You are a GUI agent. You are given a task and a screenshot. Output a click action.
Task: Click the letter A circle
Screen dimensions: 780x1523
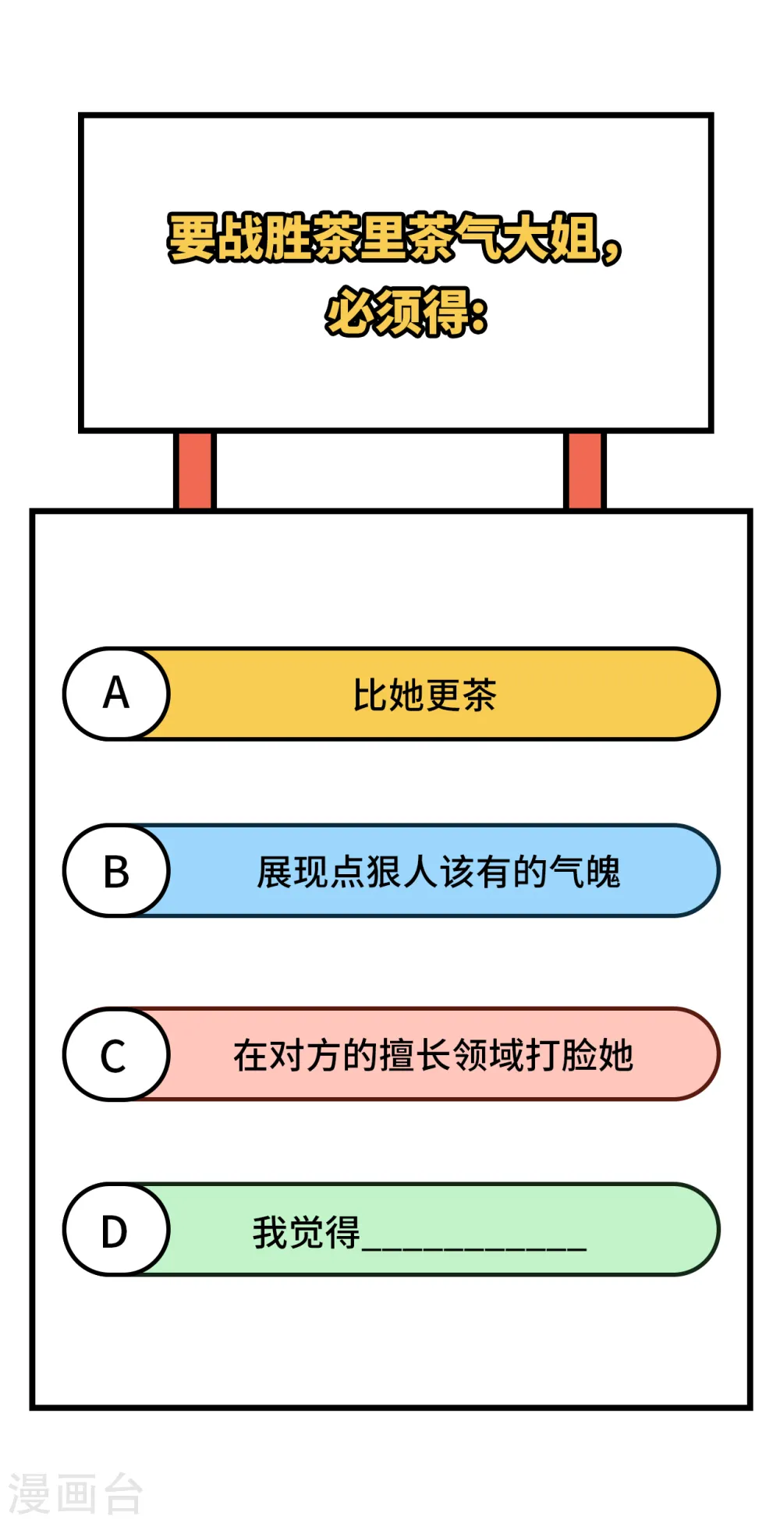pyautogui.click(x=116, y=693)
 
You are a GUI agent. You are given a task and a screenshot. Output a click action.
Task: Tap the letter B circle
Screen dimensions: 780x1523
pyautogui.click(x=116, y=870)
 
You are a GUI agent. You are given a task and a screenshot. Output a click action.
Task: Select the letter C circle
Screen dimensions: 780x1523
pyautogui.click(x=116, y=1054)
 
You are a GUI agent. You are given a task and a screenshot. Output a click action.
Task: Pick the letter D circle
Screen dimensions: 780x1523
pyautogui.click(x=116, y=1230)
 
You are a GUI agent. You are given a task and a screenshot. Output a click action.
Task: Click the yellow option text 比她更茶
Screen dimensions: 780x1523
pyautogui.click(x=424, y=695)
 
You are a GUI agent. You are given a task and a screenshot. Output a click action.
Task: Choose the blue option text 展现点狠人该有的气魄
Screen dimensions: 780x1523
pyautogui.click(x=438, y=872)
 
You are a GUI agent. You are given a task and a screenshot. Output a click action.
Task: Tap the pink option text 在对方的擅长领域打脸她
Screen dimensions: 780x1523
pyautogui.click(x=433, y=1056)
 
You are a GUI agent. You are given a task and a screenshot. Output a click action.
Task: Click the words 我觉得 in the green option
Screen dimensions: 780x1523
pyautogui.click(x=306, y=1233)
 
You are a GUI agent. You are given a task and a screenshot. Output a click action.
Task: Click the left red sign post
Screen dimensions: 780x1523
pyautogui.click(x=194, y=470)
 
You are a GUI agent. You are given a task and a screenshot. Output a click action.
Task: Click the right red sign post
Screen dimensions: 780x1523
pyautogui.click(x=584, y=470)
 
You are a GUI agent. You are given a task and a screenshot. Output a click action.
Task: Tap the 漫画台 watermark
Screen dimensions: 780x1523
pyautogui.click(x=75, y=1494)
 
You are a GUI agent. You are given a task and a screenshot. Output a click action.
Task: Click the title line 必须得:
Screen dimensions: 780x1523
pyautogui.click(x=406, y=312)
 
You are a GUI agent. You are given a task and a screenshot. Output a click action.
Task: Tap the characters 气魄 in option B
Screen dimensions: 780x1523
pyautogui.click(x=585, y=872)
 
